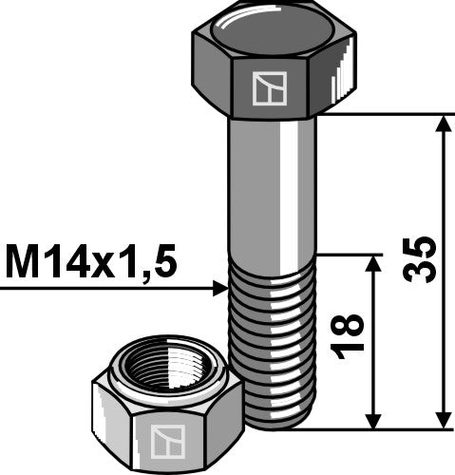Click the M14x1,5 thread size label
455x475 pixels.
[x=90, y=262]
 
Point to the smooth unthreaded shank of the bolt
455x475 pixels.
[x=273, y=190]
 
